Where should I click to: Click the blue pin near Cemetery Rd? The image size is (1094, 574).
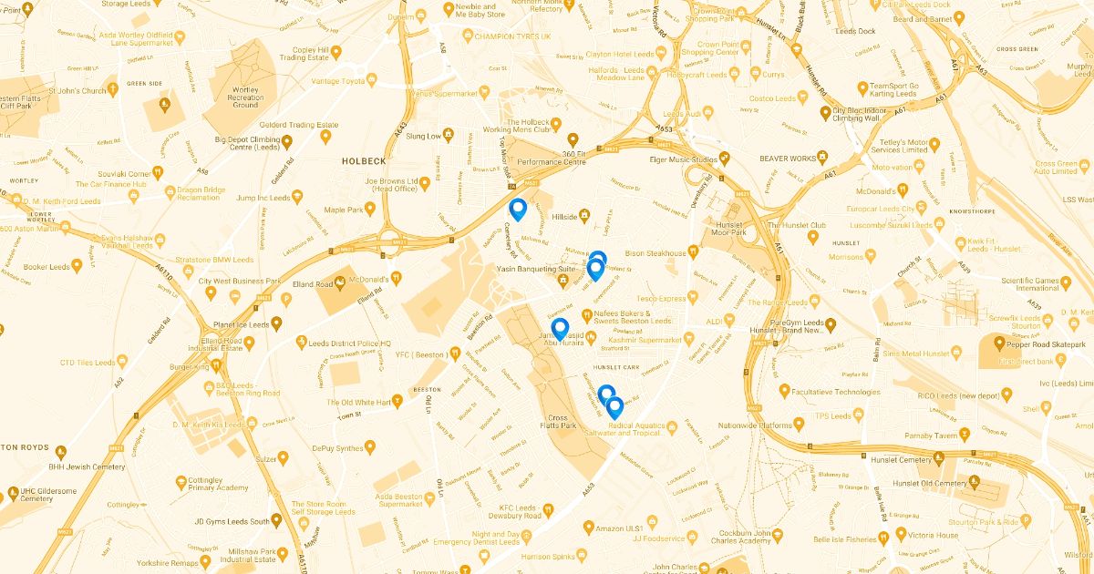[x=518, y=210]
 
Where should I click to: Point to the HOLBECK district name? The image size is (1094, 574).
[x=364, y=160]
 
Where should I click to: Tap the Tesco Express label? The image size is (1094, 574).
[x=661, y=298]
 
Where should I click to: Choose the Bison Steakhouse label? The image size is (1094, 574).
[x=655, y=252]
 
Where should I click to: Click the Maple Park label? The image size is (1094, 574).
[x=344, y=210]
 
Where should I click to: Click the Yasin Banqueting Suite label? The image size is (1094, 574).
[x=535, y=270]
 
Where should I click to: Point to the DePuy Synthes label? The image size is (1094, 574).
[x=337, y=447]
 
